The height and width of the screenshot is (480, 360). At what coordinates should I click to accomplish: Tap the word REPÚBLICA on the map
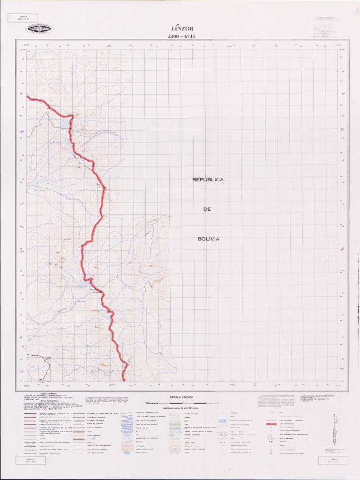coord(208,180)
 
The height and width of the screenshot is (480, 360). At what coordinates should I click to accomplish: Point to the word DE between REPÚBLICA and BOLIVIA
coord(208,209)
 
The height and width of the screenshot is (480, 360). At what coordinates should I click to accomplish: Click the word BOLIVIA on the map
coord(209,239)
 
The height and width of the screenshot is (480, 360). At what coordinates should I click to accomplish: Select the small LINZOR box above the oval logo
coord(23,18)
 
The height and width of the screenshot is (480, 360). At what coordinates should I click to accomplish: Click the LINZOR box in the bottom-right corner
coord(333,461)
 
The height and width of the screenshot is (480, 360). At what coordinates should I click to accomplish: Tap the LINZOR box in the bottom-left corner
coord(31,461)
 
